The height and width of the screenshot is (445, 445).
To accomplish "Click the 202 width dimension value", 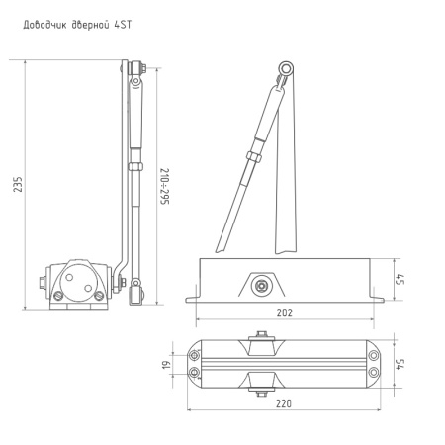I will coord(285,311).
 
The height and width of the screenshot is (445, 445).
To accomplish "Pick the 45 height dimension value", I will coord(399,280).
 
